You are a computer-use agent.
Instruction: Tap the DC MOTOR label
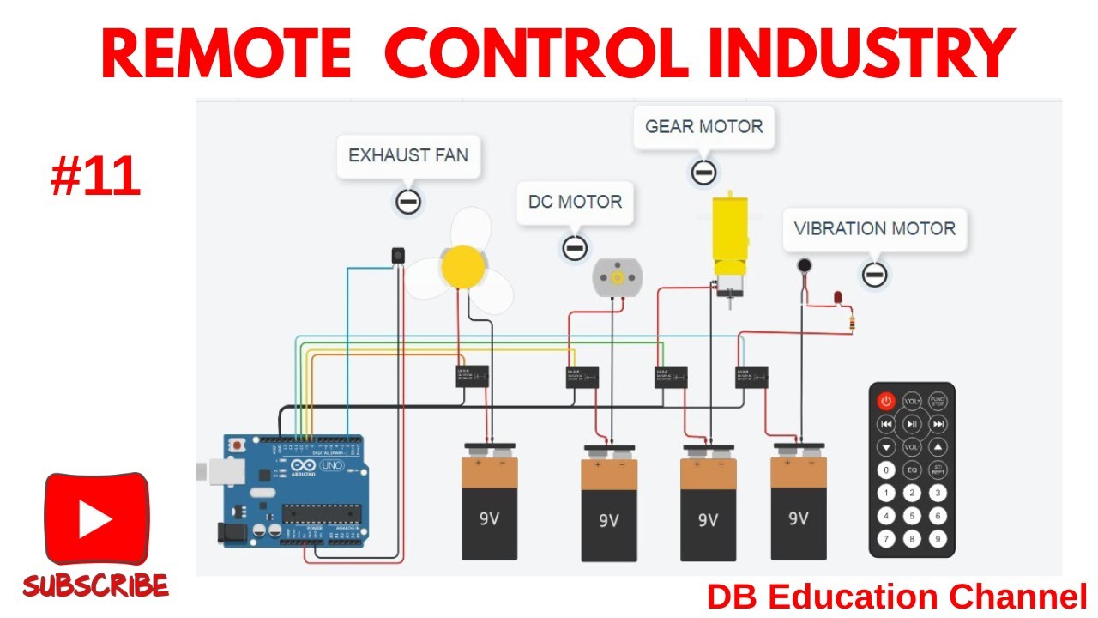pos(575,203)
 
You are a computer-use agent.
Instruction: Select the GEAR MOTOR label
pos(703,127)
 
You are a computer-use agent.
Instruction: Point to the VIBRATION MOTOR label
pos(874,229)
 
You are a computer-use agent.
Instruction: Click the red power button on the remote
pos(885,401)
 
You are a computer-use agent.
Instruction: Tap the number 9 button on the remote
pos(938,539)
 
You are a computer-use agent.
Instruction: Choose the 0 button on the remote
pos(885,470)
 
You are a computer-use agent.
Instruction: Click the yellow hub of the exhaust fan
pos(462,266)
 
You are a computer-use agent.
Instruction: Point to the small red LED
pos(838,298)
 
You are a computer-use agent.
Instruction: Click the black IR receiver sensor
pos(397,255)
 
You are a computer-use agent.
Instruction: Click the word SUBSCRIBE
pos(95,586)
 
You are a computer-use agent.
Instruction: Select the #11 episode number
pos(94,179)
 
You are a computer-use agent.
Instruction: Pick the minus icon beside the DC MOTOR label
pos(575,248)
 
